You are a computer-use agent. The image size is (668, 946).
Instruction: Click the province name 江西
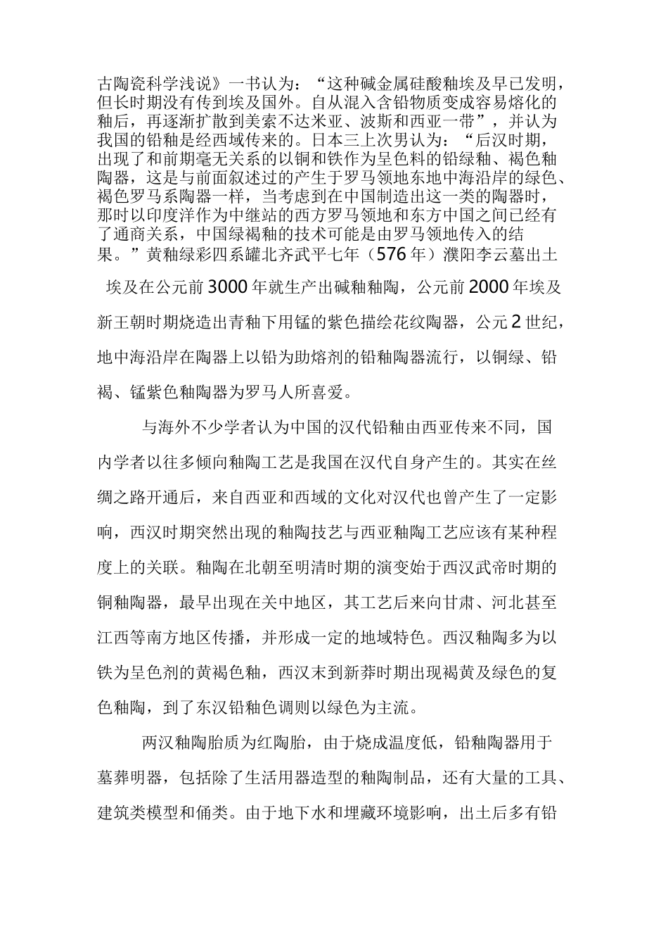click(x=114, y=638)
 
